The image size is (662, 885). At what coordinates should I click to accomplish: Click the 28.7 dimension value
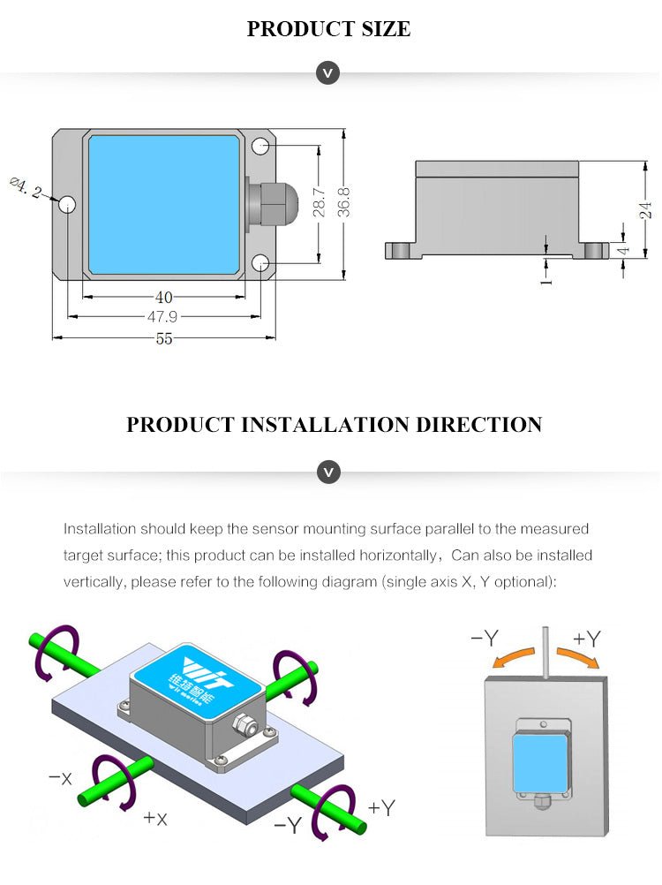tap(320, 202)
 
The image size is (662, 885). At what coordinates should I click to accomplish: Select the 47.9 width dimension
tap(164, 317)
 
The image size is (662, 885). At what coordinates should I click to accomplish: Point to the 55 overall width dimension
tap(164, 338)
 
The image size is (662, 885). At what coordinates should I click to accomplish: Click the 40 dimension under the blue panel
tap(164, 298)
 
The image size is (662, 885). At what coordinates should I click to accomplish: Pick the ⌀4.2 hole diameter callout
tap(25, 188)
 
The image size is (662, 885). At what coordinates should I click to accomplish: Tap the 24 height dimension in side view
tap(646, 210)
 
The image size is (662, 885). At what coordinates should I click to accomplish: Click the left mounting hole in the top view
tap(68, 206)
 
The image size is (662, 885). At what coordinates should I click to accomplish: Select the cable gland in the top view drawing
tap(266, 203)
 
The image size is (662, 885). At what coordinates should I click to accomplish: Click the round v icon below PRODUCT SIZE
tap(327, 73)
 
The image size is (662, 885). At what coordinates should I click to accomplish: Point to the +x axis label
tap(154, 818)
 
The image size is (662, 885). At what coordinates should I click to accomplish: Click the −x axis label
tap(60, 777)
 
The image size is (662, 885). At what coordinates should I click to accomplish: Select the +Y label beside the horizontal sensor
tap(382, 806)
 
